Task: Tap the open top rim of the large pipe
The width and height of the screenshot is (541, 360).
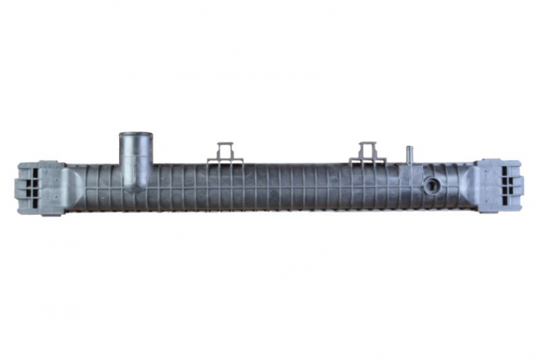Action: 135,136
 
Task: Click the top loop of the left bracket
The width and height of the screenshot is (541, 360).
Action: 225,144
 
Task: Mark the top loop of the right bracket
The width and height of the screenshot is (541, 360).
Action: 368,144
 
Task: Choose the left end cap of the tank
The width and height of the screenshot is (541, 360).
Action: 39,188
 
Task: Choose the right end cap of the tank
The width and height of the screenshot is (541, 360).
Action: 499,186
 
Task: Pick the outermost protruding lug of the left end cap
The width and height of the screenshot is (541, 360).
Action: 18,188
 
